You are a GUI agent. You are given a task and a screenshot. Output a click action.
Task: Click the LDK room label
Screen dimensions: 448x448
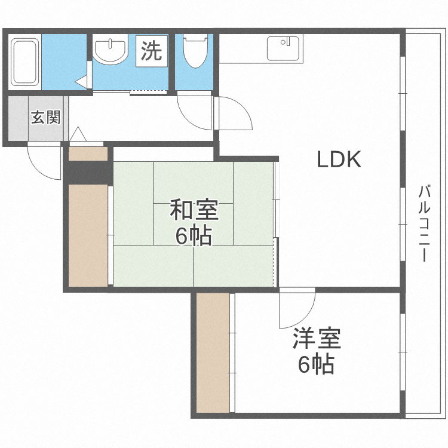pyautogui.click(x=338, y=159)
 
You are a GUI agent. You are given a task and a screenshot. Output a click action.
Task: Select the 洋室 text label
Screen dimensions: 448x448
pyautogui.click(x=317, y=339)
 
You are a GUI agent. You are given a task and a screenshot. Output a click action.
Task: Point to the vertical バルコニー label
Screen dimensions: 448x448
pyautogui.click(x=424, y=224)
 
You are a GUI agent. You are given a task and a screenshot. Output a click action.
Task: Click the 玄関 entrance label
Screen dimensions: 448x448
pyautogui.click(x=45, y=118)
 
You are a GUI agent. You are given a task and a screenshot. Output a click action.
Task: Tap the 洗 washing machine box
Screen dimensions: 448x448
pyautogui.click(x=151, y=51)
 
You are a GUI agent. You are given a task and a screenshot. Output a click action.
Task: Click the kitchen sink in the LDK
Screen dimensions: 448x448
pyautogui.click(x=284, y=48)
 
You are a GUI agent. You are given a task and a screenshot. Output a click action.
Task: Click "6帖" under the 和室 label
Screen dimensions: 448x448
pyautogui.click(x=194, y=237)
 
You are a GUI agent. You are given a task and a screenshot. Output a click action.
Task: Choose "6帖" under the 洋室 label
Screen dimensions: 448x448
pyautogui.click(x=316, y=364)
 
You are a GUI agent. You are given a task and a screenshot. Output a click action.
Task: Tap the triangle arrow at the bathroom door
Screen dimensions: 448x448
pyautogui.click(x=81, y=81)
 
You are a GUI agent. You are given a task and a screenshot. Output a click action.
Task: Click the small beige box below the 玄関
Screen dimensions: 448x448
pyautogui.click(x=87, y=154)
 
